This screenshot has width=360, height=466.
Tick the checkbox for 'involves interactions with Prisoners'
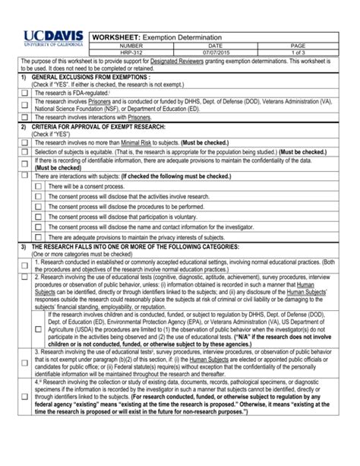tap(25, 118)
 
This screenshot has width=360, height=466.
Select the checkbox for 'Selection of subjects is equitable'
tap(25, 152)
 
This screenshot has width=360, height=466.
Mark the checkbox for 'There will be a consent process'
tap(38, 186)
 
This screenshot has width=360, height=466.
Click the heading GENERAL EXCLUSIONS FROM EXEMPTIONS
tap(90, 78)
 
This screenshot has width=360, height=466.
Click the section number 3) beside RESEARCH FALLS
tap(23, 247)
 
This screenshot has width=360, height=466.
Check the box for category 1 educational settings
tap(25, 265)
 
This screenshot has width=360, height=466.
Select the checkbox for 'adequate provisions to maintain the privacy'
tap(38, 238)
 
